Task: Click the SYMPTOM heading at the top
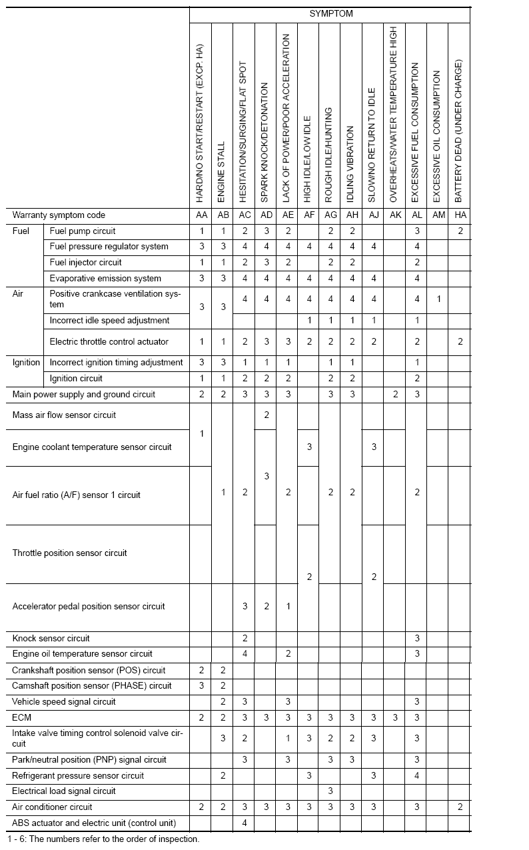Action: point(330,13)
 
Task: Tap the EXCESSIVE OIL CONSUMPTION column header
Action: point(437,137)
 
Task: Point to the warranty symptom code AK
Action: point(394,215)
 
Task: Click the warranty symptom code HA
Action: point(459,215)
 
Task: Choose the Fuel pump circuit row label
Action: point(83,231)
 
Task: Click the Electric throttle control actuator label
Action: point(109,342)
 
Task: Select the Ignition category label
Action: point(27,363)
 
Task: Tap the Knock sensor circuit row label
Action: point(51,639)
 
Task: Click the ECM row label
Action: point(22,718)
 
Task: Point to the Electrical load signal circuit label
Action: point(64,791)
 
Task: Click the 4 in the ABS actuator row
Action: point(245,823)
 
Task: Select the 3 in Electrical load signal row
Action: point(330,791)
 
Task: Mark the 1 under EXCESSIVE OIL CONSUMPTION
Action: point(438,299)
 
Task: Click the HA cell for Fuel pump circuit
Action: point(460,231)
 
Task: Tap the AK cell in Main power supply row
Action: point(395,395)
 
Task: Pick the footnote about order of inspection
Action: point(103,839)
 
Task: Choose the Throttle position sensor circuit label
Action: point(70,553)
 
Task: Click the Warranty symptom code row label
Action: point(59,215)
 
